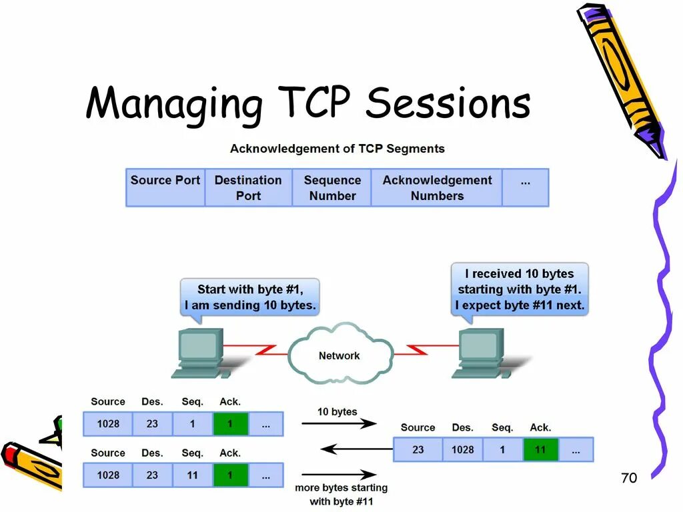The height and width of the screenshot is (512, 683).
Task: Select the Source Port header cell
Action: tap(165, 187)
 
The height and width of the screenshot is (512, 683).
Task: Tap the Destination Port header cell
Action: tap(248, 187)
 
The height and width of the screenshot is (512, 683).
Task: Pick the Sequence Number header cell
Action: tap(332, 187)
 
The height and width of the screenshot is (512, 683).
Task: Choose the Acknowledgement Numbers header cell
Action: tap(437, 187)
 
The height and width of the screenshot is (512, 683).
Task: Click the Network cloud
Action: tap(339, 355)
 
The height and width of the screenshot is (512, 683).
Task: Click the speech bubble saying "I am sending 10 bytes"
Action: tap(249, 298)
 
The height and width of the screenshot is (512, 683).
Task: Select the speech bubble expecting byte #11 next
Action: tap(520, 289)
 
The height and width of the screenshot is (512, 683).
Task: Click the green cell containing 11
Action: tap(540, 449)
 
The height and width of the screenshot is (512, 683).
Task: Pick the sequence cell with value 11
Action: tap(192, 475)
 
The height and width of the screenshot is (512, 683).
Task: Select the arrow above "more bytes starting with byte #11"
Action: tap(338, 475)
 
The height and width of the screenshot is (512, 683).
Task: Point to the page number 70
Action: tap(628, 478)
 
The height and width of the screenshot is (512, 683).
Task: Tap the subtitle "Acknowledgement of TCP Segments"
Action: tap(337, 149)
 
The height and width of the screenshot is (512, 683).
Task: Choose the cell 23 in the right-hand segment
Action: tap(418, 449)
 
